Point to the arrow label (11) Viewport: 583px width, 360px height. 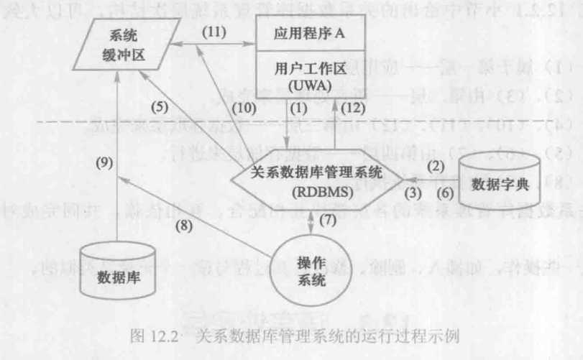point(214,32)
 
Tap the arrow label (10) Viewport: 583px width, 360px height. point(247,108)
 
